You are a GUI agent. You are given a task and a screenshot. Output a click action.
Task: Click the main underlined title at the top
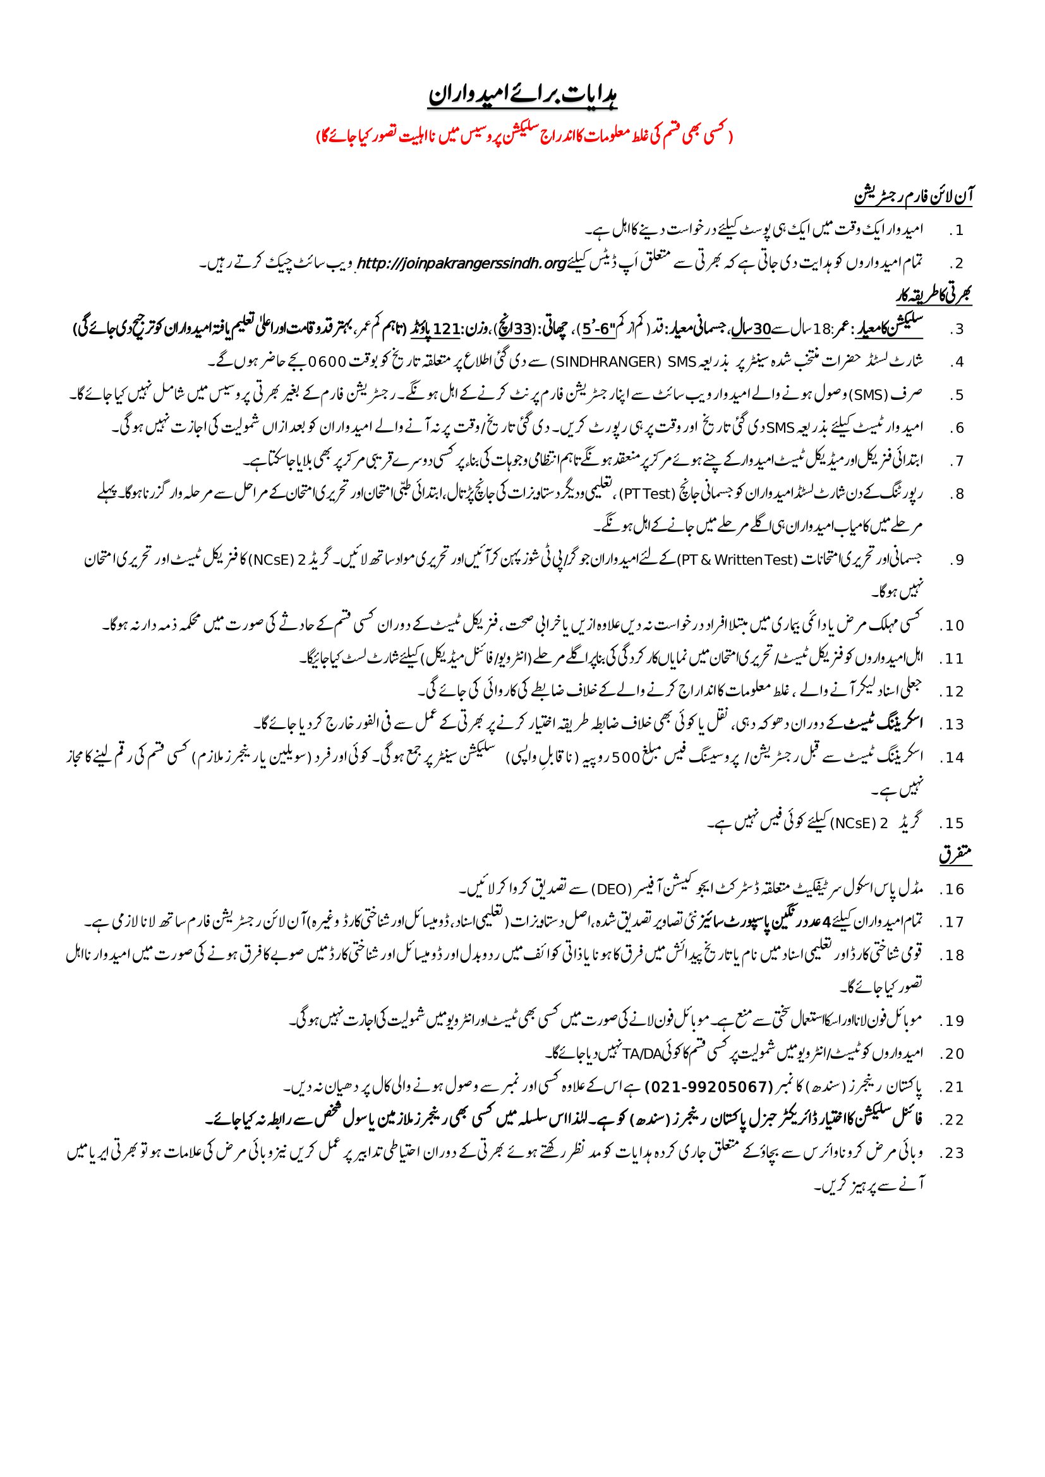point(522,96)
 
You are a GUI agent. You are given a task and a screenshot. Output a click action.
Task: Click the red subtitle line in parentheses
point(522,136)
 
